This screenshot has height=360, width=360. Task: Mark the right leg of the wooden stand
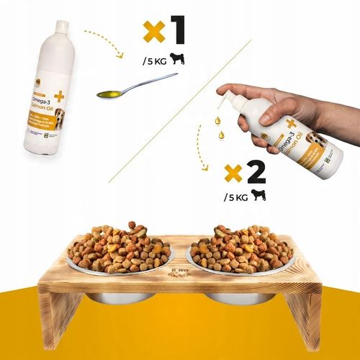pyautogui.click(x=306, y=310)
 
